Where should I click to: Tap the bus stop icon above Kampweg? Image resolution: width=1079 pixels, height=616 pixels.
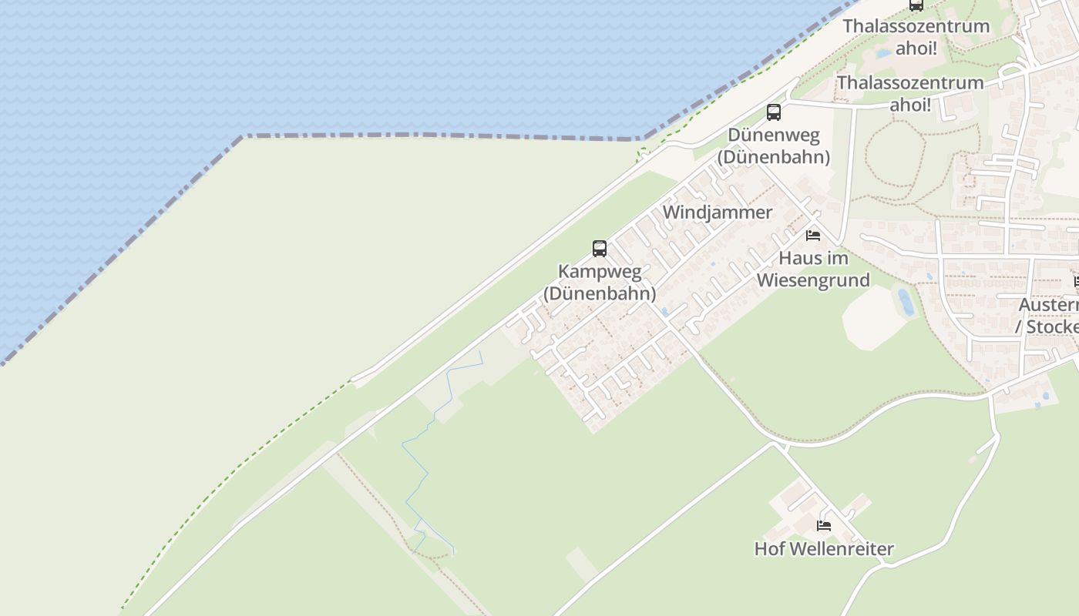[600, 249]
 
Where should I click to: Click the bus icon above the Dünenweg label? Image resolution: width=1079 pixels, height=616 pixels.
[774, 112]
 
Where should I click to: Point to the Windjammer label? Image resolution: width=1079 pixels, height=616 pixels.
[717, 212]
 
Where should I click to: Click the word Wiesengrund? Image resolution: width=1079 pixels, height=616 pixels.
[813, 280]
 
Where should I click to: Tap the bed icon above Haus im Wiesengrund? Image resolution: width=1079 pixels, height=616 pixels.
[813, 236]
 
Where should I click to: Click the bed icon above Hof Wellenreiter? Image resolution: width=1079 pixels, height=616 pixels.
[824, 527]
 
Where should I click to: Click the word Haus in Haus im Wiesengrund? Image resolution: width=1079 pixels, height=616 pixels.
[802, 258]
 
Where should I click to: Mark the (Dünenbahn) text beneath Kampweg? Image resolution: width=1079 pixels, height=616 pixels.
[600, 293]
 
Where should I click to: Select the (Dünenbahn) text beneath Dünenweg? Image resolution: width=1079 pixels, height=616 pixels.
[773, 157]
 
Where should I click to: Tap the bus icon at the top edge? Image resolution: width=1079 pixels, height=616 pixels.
[916, 5]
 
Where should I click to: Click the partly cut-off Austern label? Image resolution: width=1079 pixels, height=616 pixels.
[1048, 305]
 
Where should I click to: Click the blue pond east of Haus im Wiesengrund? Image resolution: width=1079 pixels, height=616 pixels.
[906, 302]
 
